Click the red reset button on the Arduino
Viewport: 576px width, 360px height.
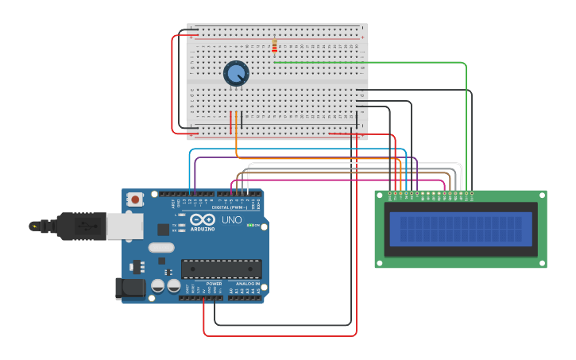point(135,199)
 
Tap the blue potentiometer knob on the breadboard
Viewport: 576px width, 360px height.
point(236,74)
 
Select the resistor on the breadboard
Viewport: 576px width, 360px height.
point(275,47)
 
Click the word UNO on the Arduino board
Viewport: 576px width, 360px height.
point(231,220)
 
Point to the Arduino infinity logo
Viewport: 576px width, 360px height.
point(202,220)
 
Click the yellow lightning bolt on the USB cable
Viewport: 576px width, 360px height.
point(33,226)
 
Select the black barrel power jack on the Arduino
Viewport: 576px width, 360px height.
point(130,288)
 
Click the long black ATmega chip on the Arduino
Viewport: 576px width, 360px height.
point(222,269)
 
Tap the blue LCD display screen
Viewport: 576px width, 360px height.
point(461,229)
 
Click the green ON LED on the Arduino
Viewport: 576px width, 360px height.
point(251,226)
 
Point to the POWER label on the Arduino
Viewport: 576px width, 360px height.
point(214,284)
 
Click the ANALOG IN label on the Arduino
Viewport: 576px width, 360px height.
point(247,284)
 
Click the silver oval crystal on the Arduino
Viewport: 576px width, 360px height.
point(160,247)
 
